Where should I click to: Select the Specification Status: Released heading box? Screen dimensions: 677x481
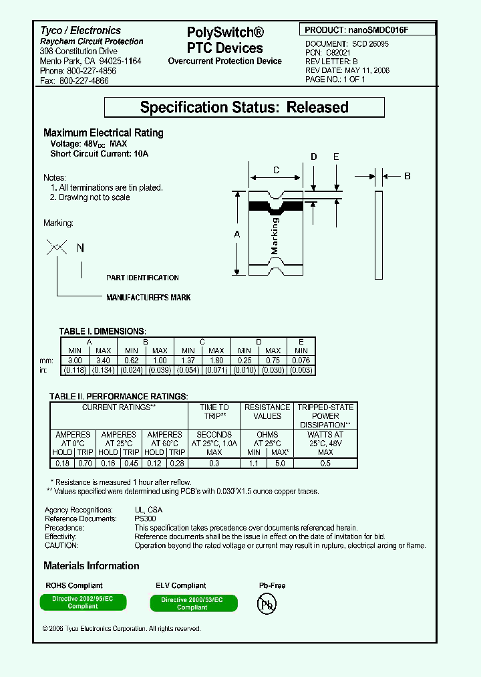[245, 107]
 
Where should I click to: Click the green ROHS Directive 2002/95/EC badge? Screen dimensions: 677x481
[83, 602]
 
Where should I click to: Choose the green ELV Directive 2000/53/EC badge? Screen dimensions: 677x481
[192, 603]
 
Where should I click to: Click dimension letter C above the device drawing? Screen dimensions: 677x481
[277, 171]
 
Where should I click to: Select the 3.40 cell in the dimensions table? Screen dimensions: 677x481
[103, 361]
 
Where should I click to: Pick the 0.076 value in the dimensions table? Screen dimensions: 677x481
[301, 361]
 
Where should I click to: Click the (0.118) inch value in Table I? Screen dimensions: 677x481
[75, 370]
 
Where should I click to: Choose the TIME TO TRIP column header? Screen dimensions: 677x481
[214, 411]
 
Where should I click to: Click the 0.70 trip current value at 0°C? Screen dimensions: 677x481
[85, 463]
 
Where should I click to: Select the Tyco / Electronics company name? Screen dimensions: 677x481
[80, 31]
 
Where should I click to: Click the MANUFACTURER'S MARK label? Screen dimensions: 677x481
[148, 297]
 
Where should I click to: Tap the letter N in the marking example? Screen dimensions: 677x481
[80, 248]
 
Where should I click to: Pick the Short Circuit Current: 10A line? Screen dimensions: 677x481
[100, 154]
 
